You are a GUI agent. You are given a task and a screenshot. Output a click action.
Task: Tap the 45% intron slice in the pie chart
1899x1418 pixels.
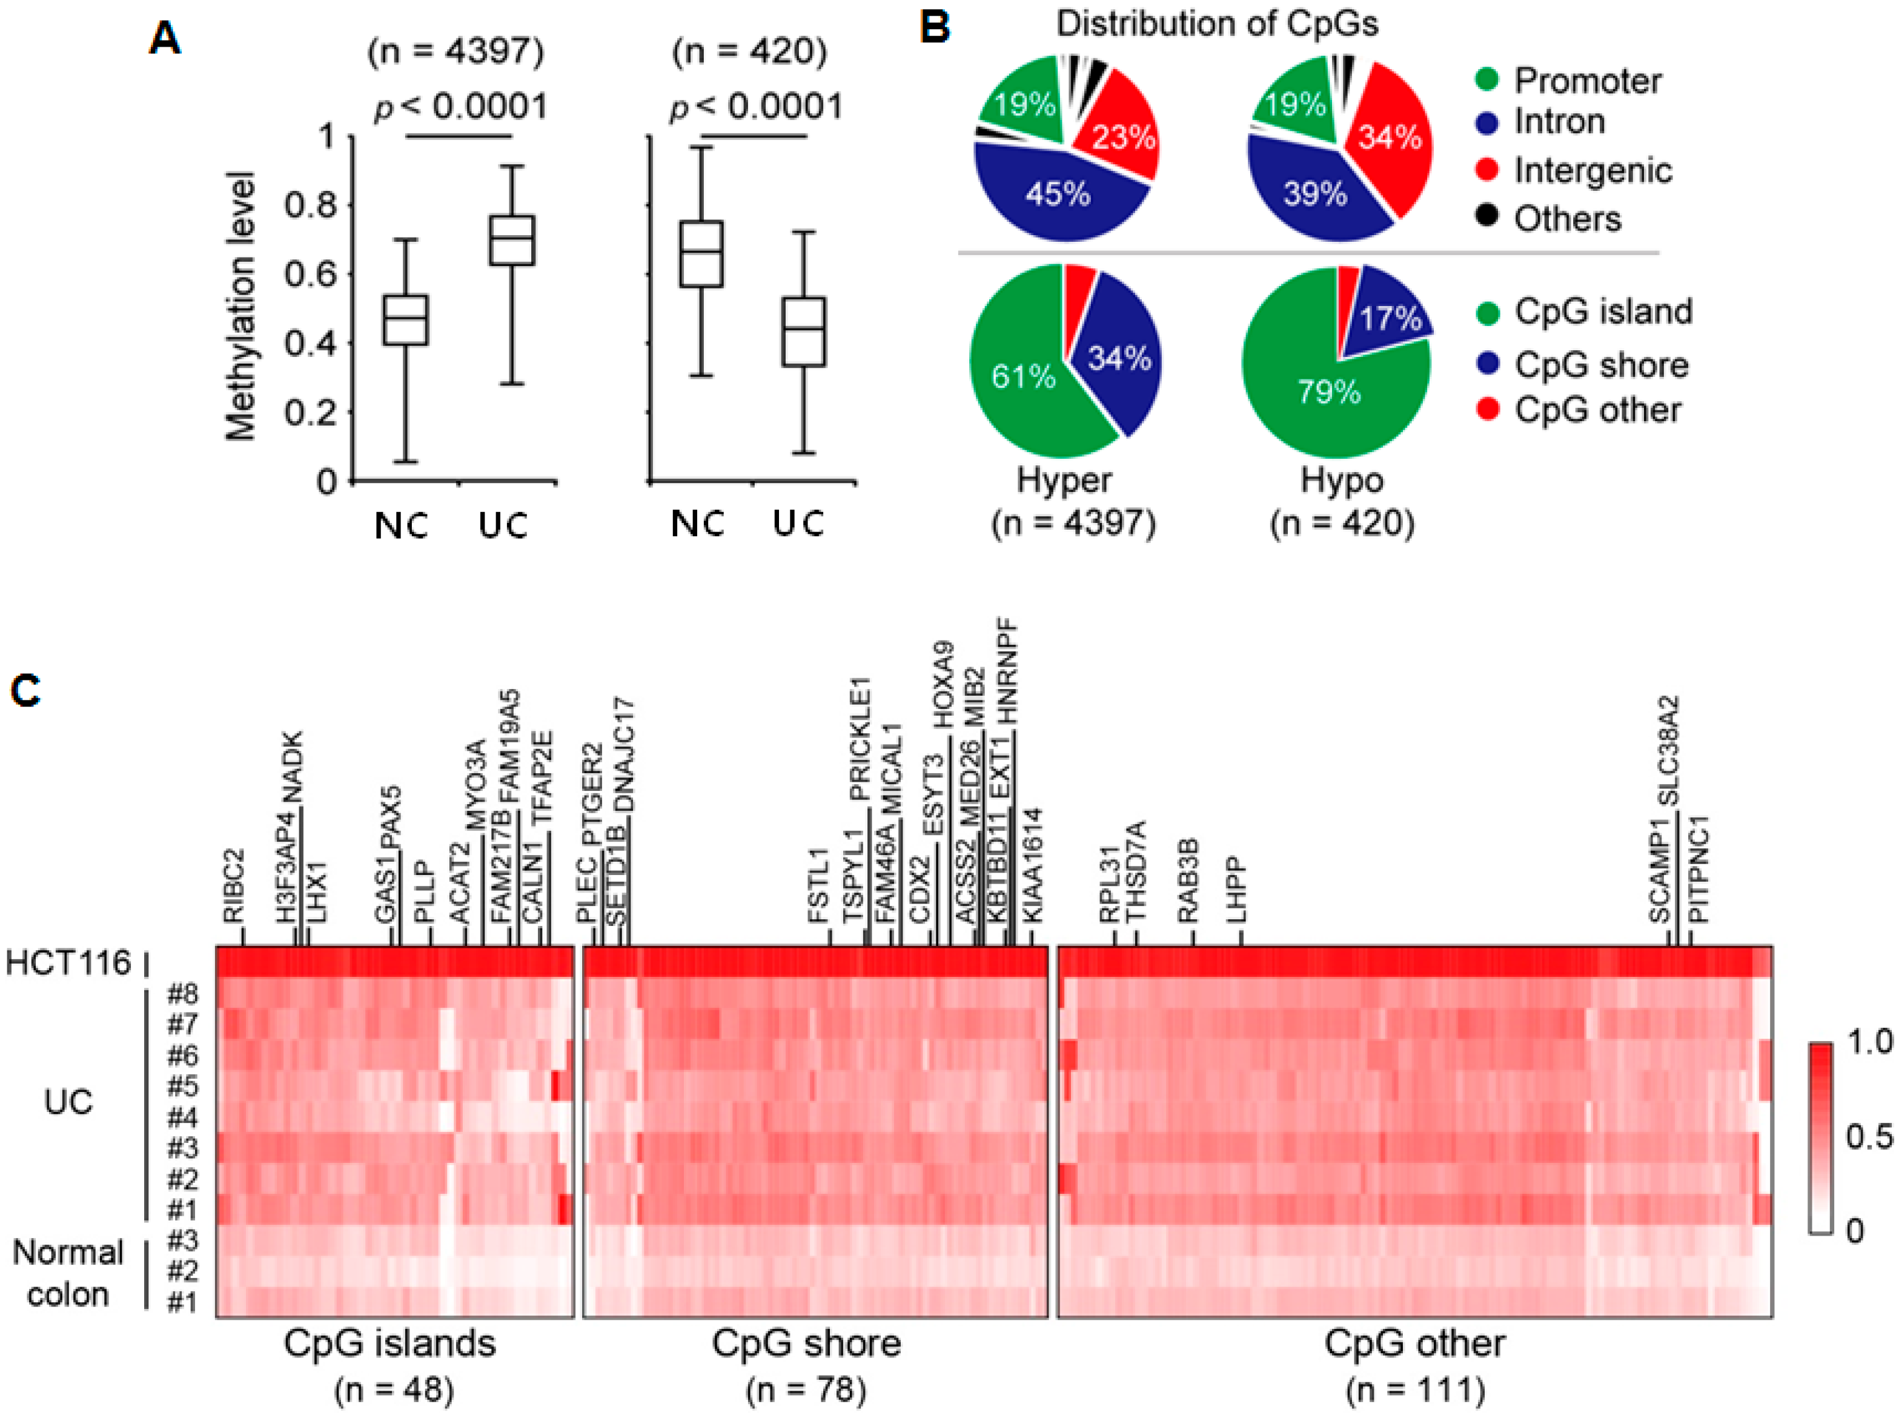click(x=1057, y=193)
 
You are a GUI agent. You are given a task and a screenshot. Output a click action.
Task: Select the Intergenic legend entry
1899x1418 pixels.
click(x=1592, y=170)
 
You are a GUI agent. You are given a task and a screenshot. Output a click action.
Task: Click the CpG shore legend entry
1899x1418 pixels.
click(x=1600, y=365)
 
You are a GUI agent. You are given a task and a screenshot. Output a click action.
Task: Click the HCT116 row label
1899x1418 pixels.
click(x=68, y=962)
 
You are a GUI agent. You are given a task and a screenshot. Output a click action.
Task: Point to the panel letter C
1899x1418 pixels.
click(x=25, y=691)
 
